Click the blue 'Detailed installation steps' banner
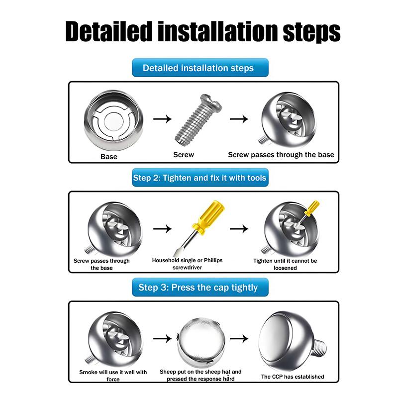199,68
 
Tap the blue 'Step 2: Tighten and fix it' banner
199,178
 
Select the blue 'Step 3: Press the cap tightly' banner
199,287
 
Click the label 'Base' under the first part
109,157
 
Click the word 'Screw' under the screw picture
184,155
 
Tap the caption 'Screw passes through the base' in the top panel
281,155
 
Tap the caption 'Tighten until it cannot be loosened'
285,264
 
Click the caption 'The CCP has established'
293,377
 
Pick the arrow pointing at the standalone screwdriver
162,229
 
